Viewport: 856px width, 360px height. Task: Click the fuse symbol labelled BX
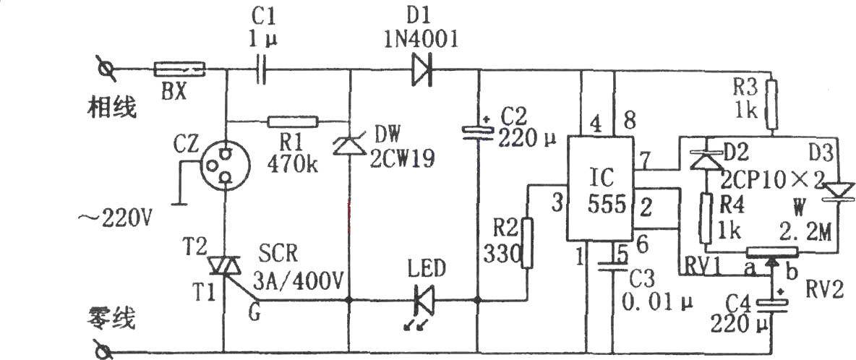tap(179, 69)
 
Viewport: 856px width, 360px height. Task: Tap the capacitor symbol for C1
tap(261, 70)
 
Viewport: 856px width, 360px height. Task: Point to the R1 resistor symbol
tap(293, 121)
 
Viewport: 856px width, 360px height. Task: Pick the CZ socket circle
tap(225, 163)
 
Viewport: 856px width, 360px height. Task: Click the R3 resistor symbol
tap(771, 103)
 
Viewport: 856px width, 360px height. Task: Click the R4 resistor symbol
tap(706, 218)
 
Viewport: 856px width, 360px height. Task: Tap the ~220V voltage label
tap(116, 220)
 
